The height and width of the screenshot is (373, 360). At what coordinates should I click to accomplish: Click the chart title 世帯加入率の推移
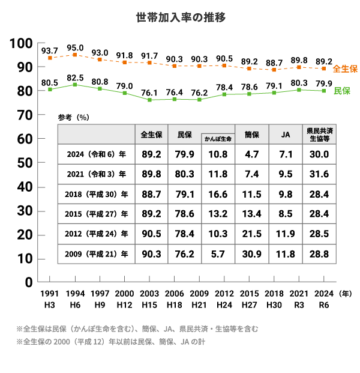click(181, 17)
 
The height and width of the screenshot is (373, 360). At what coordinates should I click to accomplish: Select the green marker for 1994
click(75, 85)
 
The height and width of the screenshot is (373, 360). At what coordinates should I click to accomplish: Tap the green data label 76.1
click(149, 92)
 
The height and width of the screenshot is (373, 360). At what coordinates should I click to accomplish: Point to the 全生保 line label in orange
click(345, 68)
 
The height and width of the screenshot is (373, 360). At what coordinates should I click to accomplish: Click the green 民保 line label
click(342, 91)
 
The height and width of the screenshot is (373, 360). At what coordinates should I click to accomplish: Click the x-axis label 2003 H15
click(149, 299)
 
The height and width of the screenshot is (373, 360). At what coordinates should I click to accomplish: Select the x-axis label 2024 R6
click(323, 299)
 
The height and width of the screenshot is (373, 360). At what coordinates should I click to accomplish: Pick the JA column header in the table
click(286, 135)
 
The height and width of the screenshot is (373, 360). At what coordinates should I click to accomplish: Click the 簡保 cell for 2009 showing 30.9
click(251, 254)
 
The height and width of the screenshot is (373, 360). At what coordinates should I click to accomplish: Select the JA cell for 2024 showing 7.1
click(286, 154)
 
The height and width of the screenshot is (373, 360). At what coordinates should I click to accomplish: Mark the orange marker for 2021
click(299, 67)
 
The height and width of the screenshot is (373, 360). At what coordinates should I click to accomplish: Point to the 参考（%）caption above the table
click(73, 117)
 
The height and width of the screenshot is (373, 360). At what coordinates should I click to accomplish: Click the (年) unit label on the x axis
click(345, 294)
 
